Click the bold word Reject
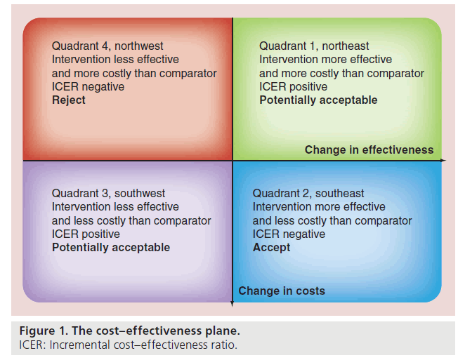(x=69, y=100)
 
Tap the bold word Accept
(x=271, y=248)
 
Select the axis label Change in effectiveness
(x=369, y=149)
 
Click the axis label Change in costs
(x=282, y=291)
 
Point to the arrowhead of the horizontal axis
(x=443, y=161)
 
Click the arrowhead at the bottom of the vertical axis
(x=233, y=304)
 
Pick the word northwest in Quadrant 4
(x=139, y=46)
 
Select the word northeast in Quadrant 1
(x=346, y=46)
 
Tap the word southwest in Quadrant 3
(x=140, y=194)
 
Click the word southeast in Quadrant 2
(x=340, y=194)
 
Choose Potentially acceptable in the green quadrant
(x=318, y=100)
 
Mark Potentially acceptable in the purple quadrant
(x=111, y=248)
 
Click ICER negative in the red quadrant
(x=89, y=86)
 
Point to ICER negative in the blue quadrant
(x=289, y=234)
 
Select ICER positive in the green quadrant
(x=293, y=86)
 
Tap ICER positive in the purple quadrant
(x=86, y=234)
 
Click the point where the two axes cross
(x=233, y=161)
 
